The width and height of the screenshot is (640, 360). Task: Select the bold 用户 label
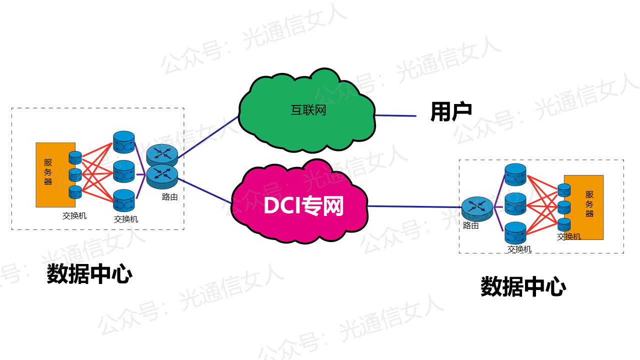(451, 112)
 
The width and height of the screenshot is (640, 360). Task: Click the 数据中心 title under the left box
(89, 274)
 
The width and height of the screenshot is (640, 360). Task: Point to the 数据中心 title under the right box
(523, 287)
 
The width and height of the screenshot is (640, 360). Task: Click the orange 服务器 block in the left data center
(50, 174)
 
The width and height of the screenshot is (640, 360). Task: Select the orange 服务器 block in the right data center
(588, 207)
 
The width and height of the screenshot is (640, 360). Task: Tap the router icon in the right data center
(477, 208)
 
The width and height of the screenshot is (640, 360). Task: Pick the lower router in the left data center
(162, 174)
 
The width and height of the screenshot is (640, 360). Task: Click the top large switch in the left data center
(124, 142)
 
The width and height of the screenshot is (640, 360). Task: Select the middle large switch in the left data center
(124, 171)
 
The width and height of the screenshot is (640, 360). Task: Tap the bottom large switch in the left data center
(124, 200)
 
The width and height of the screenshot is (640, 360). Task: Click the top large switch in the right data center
(515, 174)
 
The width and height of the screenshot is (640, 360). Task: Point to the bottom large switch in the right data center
(515, 233)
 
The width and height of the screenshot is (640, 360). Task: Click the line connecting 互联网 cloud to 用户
(395, 115)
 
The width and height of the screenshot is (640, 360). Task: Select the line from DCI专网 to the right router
(415, 206)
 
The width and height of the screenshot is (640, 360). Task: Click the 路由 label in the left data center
(170, 197)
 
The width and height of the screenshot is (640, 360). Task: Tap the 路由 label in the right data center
(471, 225)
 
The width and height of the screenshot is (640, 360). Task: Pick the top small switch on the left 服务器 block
(75, 157)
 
